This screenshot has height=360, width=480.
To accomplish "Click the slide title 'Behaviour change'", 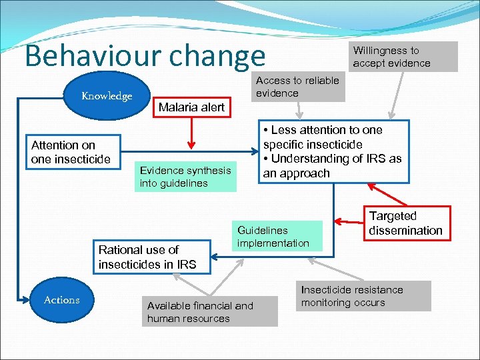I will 145,56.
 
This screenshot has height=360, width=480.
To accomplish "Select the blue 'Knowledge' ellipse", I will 107,96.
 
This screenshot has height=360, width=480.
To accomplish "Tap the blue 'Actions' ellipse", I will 61,300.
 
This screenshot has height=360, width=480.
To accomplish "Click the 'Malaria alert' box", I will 191,107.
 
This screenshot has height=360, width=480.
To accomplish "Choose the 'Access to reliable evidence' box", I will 298,87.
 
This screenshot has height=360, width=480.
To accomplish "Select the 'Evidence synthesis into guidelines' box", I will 185,177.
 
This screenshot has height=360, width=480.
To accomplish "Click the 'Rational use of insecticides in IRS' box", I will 147,257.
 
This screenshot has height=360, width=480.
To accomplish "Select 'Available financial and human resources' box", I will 210,312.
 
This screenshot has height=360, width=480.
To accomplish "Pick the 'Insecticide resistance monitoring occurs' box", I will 363,296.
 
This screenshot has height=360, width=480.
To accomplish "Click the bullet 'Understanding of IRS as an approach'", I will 332,166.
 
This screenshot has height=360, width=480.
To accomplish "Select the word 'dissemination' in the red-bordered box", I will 405,231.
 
